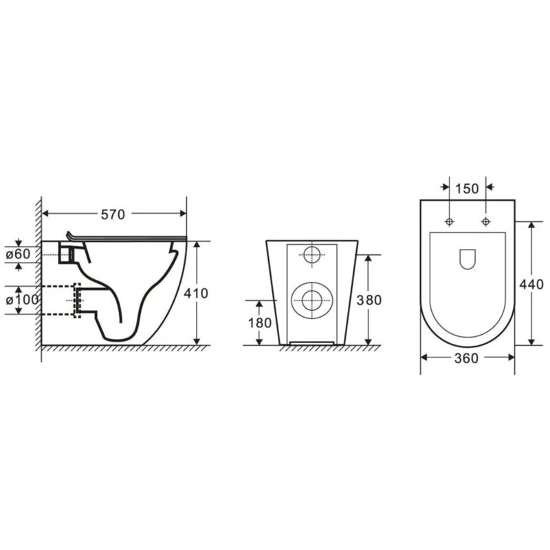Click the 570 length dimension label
pyautogui.click(x=113, y=214)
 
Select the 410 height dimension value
pyautogui.click(x=196, y=294)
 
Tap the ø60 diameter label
pyautogui.click(x=19, y=254)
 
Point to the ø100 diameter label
pyautogui.click(x=23, y=300)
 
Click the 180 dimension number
pyautogui.click(x=260, y=323)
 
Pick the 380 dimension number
pyautogui.click(x=369, y=300)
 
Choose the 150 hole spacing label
pyautogui.click(x=467, y=188)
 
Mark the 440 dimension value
pyautogui.click(x=531, y=285)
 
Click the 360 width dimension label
pyautogui.click(x=467, y=358)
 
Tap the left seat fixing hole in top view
pyautogui.click(x=450, y=221)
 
